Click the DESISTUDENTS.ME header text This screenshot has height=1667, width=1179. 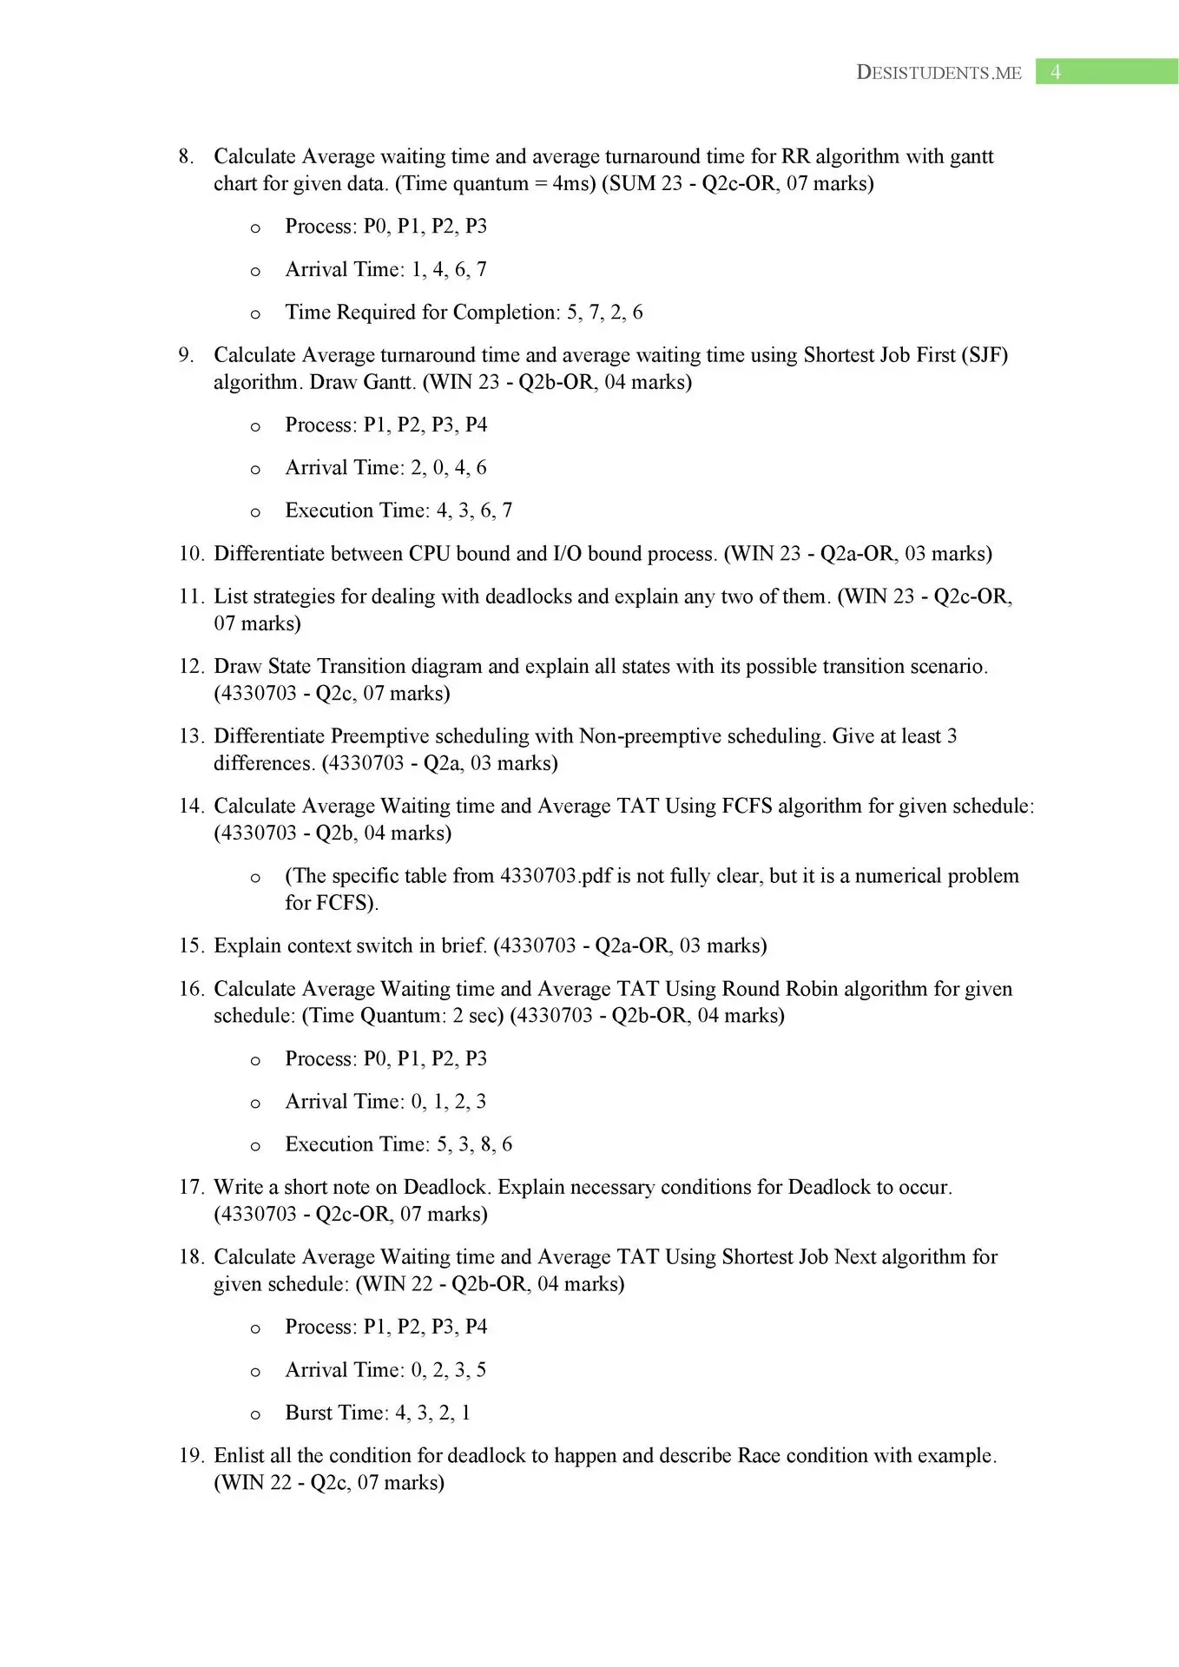939,72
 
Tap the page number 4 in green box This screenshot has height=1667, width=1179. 1056,72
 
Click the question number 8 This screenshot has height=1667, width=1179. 185,156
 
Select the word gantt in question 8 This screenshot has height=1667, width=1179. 972,156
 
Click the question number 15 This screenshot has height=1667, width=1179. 190,946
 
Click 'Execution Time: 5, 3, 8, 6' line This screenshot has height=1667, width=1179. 398,1144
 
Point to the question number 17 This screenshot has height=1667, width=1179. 190,1187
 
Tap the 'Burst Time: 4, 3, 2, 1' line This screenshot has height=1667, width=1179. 378,1413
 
